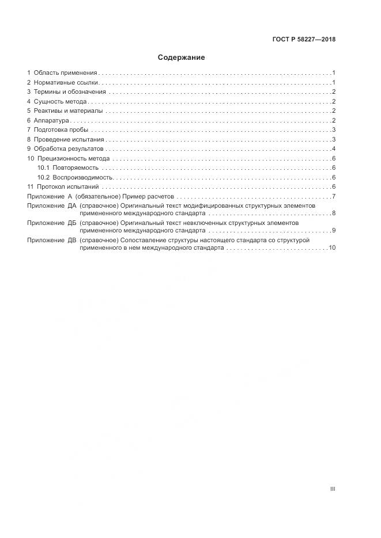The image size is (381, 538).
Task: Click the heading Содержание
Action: click(x=181, y=58)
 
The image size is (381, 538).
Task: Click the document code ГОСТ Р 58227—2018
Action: click(x=304, y=40)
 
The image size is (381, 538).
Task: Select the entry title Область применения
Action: click(x=65, y=73)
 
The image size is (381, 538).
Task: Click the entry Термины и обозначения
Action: click(x=70, y=92)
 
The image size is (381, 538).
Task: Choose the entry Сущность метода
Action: click(x=61, y=102)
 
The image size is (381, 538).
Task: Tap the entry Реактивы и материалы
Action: click(x=68, y=111)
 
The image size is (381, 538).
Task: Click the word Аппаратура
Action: click(x=51, y=121)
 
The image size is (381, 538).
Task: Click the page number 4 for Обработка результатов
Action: click(x=334, y=149)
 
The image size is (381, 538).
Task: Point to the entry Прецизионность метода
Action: click(x=73, y=158)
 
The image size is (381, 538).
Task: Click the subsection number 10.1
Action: click(x=43, y=167)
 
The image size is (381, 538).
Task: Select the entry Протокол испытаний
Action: click(x=68, y=186)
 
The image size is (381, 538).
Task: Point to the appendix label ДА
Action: click(x=72, y=205)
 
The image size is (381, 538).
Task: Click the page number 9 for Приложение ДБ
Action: click(x=334, y=231)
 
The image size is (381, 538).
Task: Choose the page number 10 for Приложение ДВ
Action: click(x=332, y=247)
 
